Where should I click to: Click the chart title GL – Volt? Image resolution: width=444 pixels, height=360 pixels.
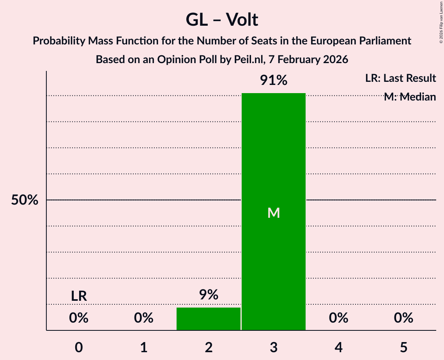tap(222, 19)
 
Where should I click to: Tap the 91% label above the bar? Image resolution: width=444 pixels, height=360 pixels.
tap(274, 81)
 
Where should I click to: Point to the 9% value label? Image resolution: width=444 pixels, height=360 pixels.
tap(209, 295)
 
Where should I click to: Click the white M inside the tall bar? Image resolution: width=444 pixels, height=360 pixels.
tap(274, 213)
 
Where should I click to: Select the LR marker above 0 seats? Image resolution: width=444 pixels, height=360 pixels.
tap(79, 296)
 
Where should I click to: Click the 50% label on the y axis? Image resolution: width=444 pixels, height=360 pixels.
tap(25, 200)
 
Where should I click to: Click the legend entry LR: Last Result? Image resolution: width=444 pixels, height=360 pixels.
tap(400, 78)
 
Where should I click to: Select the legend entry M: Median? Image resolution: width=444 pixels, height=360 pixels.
tap(410, 97)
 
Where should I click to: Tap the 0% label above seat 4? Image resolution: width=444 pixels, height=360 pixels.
tap(338, 318)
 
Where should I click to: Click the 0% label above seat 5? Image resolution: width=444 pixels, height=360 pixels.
tap(403, 318)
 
